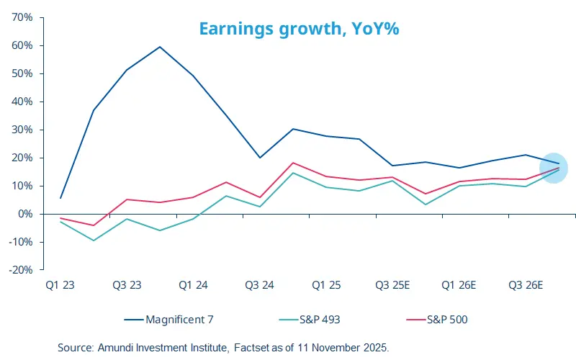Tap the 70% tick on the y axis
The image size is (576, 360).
pyautogui.click(x=22, y=17)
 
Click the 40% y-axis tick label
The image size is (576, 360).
pyautogui.click(x=22, y=102)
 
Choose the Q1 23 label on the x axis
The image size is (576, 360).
pyautogui.click(x=60, y=286)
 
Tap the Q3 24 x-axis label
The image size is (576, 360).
pyautogui.click(x=259, y=286)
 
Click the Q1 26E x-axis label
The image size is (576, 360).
pyautogui.click(x=459, y=286)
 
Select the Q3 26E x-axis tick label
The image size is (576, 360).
pyautogui.click(x=525, y=286)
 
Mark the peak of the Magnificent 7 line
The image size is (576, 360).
pyautogui.click(x=160, y=47)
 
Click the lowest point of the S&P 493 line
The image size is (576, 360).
pyautogui.click(x=94, y=240)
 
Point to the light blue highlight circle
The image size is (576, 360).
pyautogui.click(x=554, y=168)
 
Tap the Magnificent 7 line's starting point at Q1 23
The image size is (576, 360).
pyautogui.click(x=60, y=198)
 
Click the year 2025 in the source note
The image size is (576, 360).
pyautogui.click(x=375, y=348)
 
